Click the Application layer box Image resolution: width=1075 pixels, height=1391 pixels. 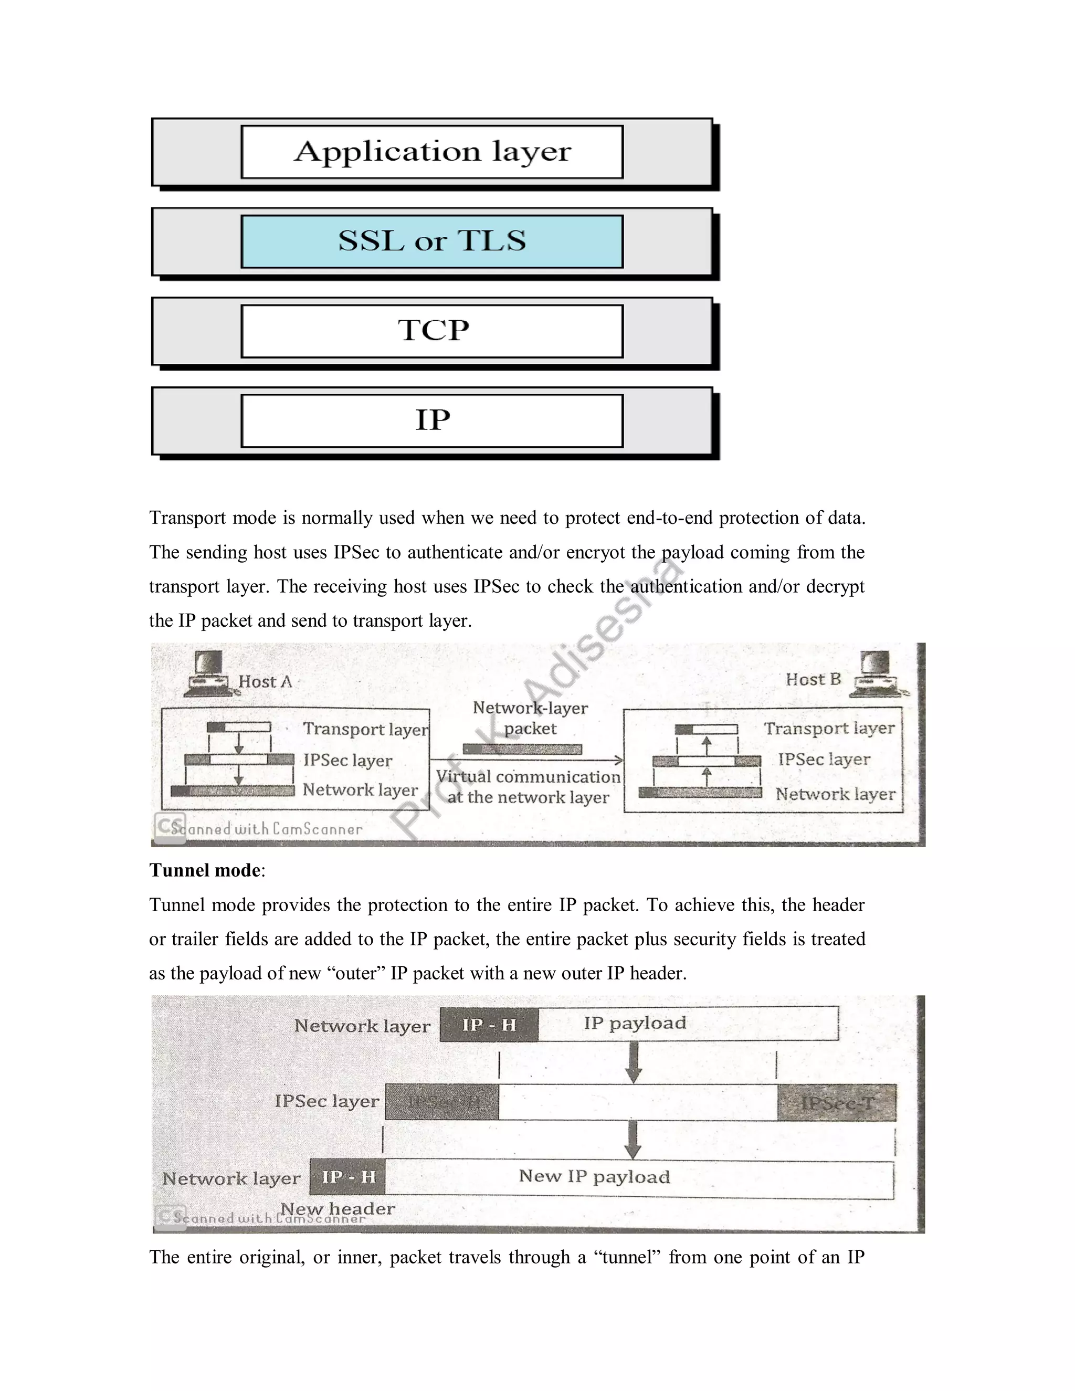[432, 152]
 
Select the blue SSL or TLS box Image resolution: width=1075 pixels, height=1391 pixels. [432, 241]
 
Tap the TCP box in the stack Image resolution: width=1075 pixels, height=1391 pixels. [432, 331]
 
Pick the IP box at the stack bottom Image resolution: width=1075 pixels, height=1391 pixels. [432, 421]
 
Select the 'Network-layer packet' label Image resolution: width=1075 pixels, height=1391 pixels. [530, 718]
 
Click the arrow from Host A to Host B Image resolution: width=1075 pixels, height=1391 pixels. [526, 760]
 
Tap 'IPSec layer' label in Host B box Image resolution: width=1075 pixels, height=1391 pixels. [824, 759]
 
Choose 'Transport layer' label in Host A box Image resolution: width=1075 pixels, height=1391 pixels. [365, 729]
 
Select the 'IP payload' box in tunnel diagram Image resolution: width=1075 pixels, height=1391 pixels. [688, 1024]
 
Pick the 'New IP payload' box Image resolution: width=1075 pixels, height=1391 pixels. [639, 1177]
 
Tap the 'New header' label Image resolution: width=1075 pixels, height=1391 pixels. [338, 1209]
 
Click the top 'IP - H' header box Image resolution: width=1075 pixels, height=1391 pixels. [489, 1025]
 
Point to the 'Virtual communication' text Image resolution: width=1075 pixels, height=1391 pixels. [528, 777]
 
